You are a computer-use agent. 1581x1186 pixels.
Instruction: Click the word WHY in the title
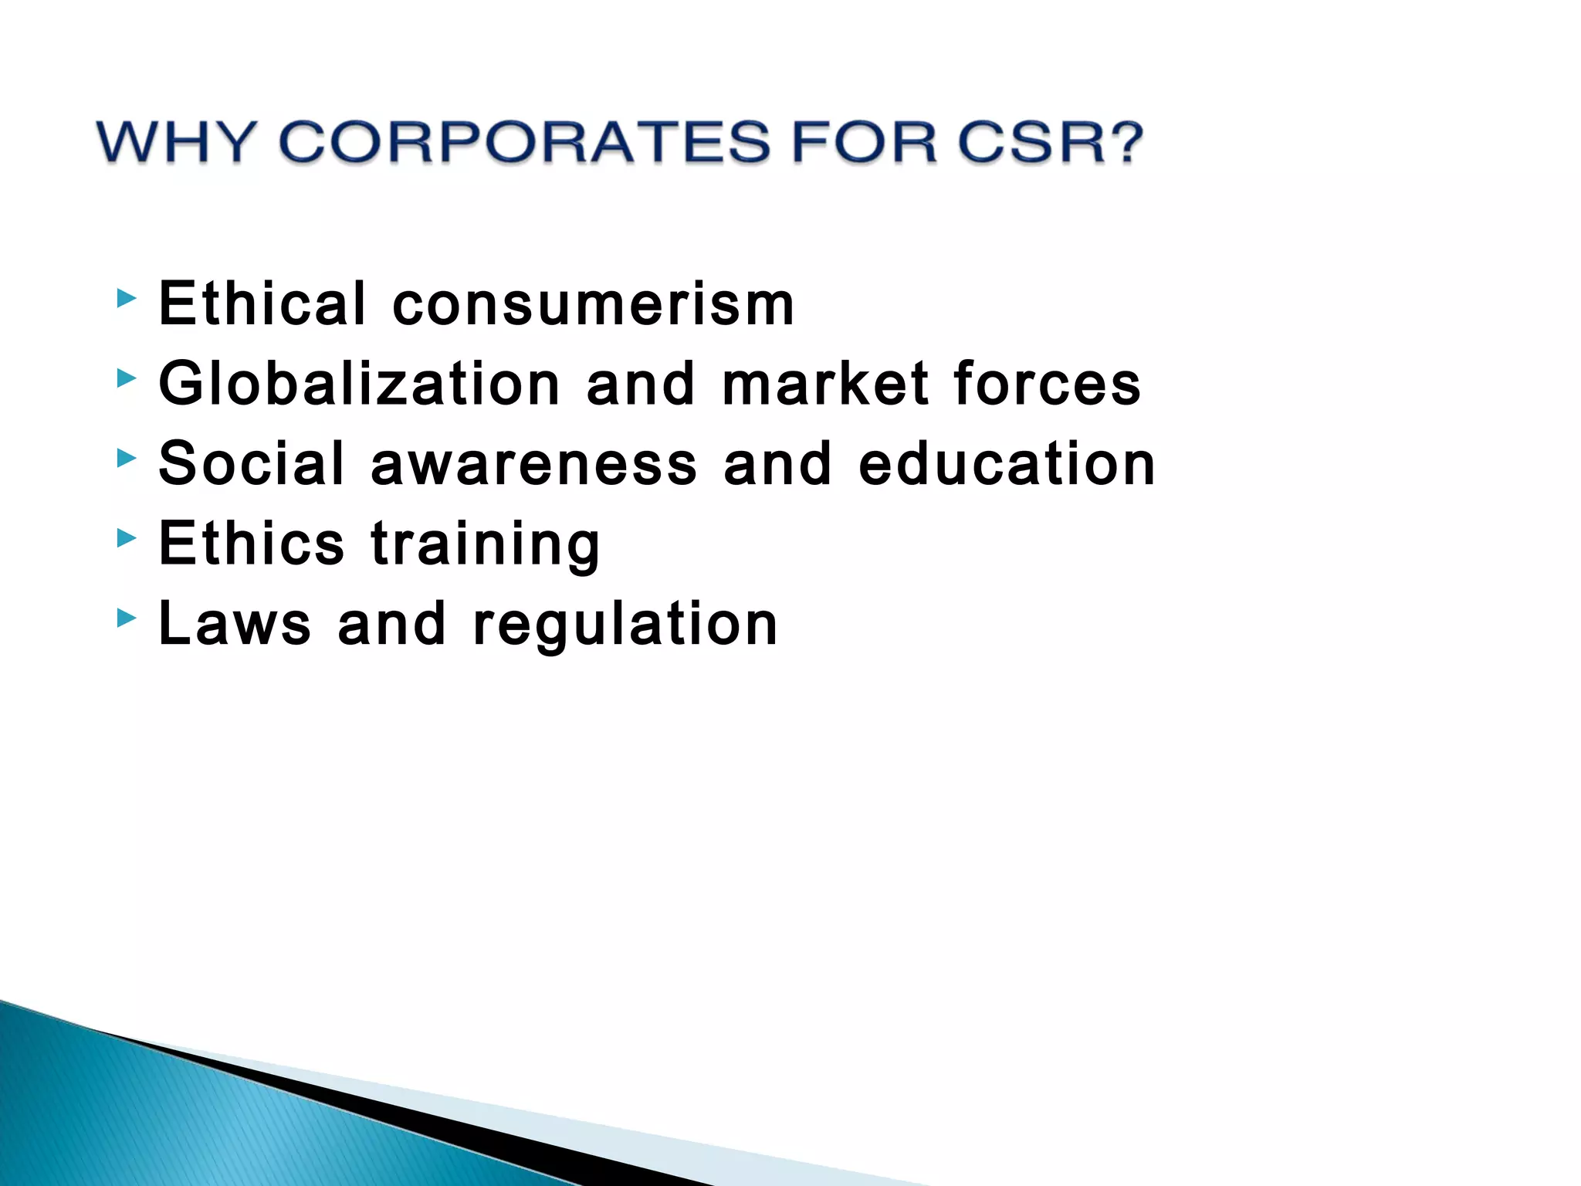[176, 142]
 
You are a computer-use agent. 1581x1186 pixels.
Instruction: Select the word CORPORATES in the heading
[524, 142]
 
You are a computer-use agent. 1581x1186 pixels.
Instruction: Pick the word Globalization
[359, 384]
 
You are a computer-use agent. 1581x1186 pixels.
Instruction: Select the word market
[825, 384]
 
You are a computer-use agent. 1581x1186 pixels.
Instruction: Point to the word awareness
[533, 463]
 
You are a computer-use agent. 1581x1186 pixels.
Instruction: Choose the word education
[1007, 463]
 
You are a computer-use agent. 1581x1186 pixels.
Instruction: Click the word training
[485, 545]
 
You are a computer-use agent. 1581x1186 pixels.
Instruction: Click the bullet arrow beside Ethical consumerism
[127, 298]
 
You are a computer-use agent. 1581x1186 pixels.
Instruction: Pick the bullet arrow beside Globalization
[127, 378]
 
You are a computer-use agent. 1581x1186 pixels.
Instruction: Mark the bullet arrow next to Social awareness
[127, 459]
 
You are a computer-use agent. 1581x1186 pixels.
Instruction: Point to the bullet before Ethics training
[127, 538]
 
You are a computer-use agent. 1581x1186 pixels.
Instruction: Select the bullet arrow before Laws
[127, 618]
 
